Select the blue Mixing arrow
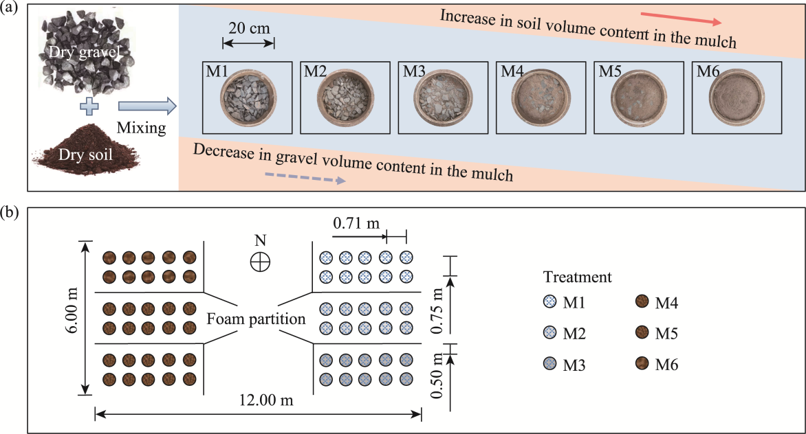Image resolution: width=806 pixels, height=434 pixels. [x=146, y=106]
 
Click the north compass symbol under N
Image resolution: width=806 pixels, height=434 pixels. [x=260, y=262]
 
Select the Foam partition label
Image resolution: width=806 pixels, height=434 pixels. [x=257, y=319]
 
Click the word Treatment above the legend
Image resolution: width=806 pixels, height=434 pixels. [x=577, y=277]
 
